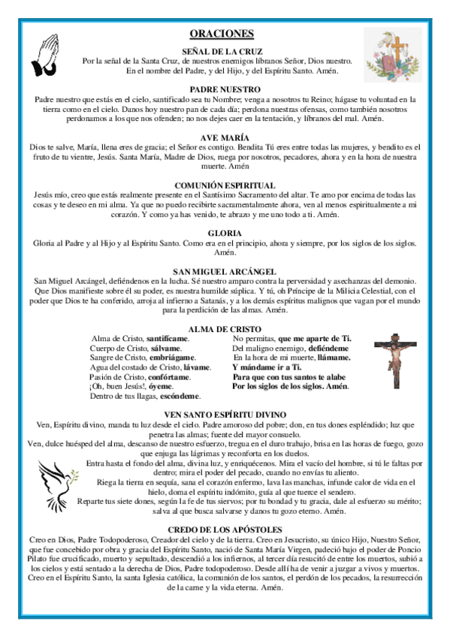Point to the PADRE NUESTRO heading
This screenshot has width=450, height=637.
225,89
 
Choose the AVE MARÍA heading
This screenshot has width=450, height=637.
225,137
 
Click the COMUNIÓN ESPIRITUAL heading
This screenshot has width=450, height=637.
225,185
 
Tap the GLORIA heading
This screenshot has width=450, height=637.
225,233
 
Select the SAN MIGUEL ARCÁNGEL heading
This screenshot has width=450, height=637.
225,271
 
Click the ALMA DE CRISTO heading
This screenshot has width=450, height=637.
225,328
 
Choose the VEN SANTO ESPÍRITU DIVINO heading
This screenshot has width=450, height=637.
225,415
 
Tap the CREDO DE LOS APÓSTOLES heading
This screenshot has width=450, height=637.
225,530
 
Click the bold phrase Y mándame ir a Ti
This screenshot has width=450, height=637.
267,367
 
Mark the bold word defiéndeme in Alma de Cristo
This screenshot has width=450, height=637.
325,349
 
